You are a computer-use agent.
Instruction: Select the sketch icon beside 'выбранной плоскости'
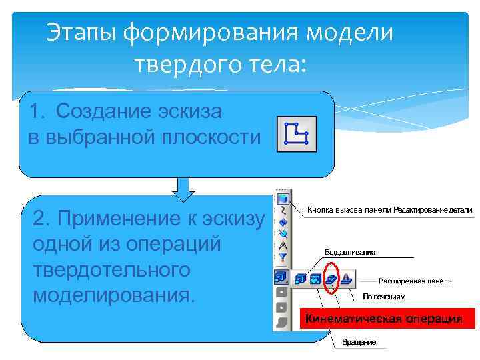pyautogui.click(x=297, y=135)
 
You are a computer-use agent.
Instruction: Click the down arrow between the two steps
pyautogui.click(x=183, y=188)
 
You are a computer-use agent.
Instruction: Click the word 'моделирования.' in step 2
pyautogui.click(x=114, y=294)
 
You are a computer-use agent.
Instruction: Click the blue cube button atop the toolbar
pyautogui.click(x=283, y=198)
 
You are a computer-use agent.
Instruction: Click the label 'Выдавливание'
pyautogui.click(x=350, y=252)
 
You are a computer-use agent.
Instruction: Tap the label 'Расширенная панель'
pyautogui.click(x=415, y=281)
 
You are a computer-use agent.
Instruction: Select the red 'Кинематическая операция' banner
pyautogui.click(x=387, y=319)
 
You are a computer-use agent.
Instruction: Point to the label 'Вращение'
pyautogui.click(x=359, y=342)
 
